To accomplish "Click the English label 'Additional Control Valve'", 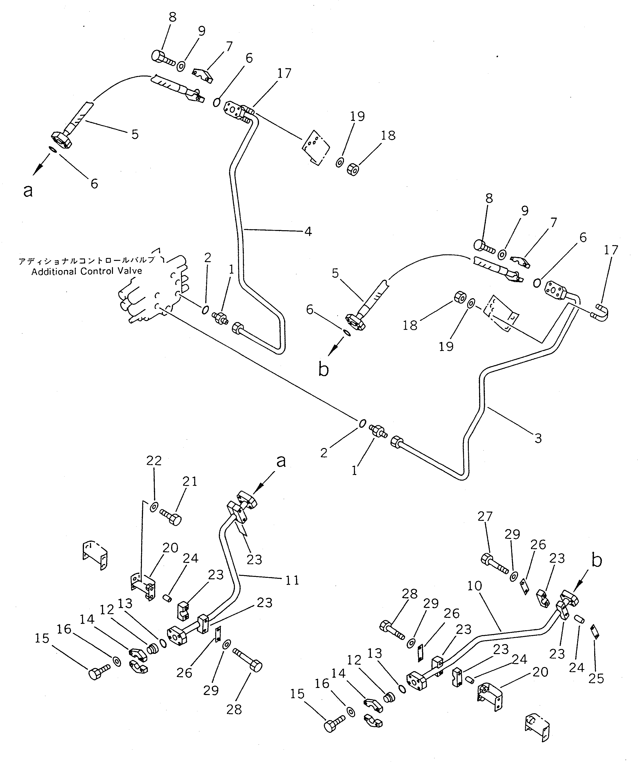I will [x=87, y=271].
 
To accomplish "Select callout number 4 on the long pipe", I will [x=308, y=231].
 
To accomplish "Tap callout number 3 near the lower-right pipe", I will [x=538, y=438].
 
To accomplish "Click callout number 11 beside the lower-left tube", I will [x=292, y=580].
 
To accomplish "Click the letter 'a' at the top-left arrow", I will [x=28, y=190].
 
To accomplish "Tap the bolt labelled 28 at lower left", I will [x=249, y=662].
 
